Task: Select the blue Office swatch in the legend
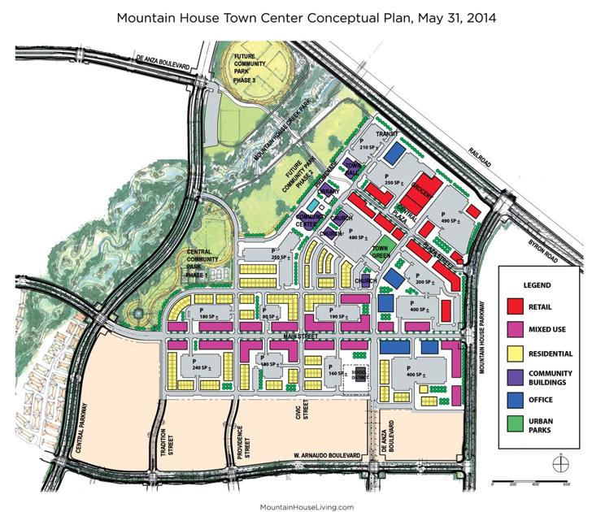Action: click(514, 399)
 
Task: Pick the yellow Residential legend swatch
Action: click(514, 353)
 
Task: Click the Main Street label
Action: click(299, 335)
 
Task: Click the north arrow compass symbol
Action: click(558, 463)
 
